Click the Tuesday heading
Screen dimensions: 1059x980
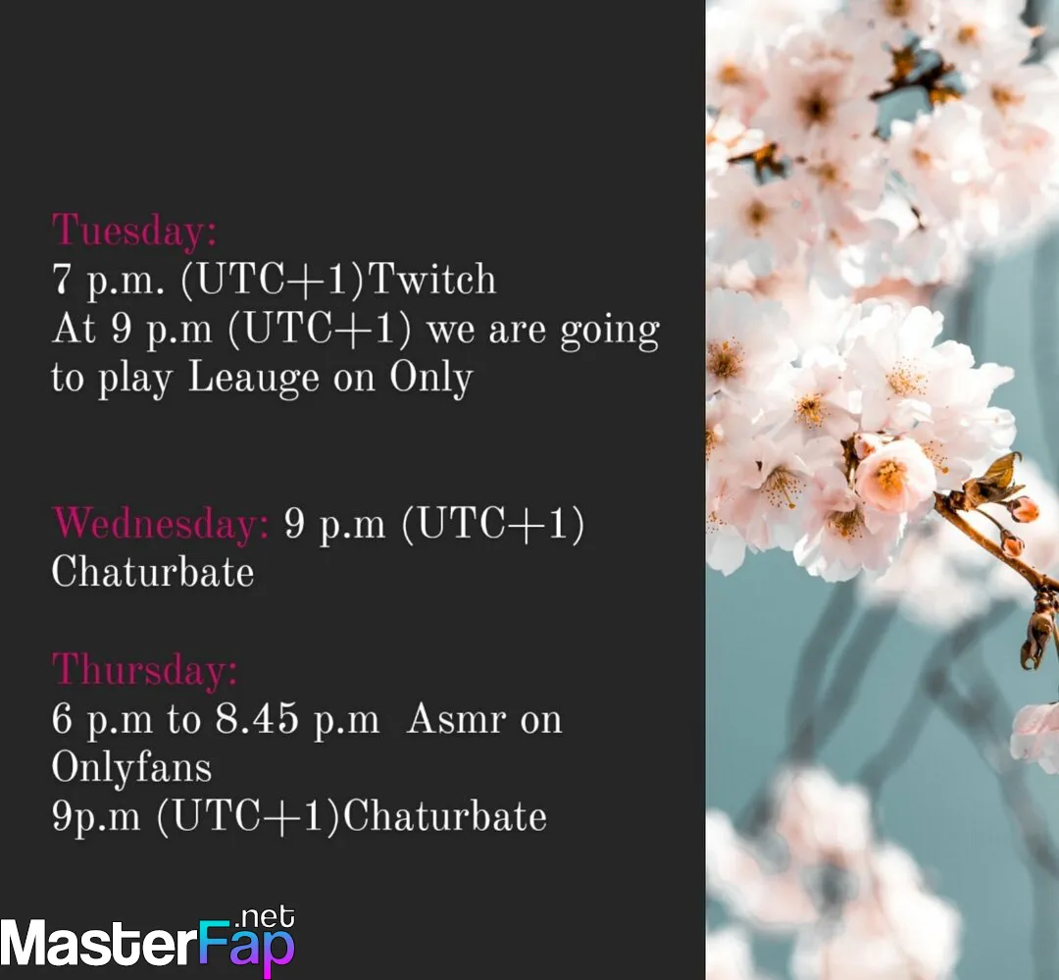pos(134,232)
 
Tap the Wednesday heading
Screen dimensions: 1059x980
pos(161,524)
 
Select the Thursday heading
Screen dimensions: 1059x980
pos(144,670)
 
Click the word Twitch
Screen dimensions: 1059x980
pos(432,279)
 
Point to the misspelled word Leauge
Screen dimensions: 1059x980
pos(253,379)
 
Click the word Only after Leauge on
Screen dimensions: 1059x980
pos(430,379)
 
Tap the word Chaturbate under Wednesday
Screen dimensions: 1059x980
pos(153,573)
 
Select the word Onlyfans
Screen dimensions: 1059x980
pos(131,768)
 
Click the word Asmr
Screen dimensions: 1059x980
pos(457,718)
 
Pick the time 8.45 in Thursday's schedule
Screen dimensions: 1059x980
pos(257,718)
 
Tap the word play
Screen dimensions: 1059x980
pos(135,379)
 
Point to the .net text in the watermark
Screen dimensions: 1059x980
pos(265,917)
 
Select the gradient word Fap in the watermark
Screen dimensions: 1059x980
pos(246,947)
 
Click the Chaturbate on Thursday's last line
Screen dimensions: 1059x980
pos(445,816)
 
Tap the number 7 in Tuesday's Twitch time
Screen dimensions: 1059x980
pos(62,279)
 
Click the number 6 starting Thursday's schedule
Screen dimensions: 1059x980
pos(62,718)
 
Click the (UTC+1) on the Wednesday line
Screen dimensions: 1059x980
pos(493,524)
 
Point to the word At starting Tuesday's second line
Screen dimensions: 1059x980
pos(74,330)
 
